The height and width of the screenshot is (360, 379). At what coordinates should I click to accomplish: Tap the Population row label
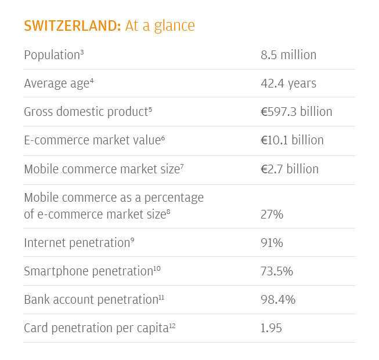pyautogui.click(x=51, y=55)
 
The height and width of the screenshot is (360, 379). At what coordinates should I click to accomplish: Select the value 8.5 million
pyautogui.click(x=288, y=55)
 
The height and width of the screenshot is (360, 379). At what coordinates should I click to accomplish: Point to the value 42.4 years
pyautogui.click(x=288, y=83)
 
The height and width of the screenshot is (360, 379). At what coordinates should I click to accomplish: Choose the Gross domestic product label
pyautogui.click(x=86, y=112)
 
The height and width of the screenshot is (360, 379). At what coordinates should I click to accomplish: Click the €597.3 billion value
pyautogui.click(x=296, y=112)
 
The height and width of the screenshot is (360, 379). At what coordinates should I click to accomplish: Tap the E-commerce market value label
pyautogui.click(x=92, y=140)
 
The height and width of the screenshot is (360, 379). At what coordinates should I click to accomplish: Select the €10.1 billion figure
pyautogui.click(x=292, y=140)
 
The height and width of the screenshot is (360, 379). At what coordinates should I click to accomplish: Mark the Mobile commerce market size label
pyautogui.click(x=101, y=169)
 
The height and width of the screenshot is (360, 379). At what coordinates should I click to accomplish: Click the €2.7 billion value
pyautogui.click(x=290, y=169)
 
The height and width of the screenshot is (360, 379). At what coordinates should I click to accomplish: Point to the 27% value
pyautogui.click(x=272, y=214)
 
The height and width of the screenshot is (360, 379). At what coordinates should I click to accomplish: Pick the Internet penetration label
pyautogui.click(x=77, y=243)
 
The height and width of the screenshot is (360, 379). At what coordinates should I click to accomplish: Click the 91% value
pyautogui.click(x=272, y=243)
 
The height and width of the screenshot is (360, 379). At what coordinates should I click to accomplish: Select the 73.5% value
pyautogui.click(x=277, y=271)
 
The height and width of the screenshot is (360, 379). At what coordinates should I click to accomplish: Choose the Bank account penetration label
pyautogui.click(x=91, y=300)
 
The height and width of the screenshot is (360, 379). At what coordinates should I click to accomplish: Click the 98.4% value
pyautogui.click(x=278, y=300)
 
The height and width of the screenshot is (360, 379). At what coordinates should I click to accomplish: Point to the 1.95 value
pyautogui.click(x=271, y=328)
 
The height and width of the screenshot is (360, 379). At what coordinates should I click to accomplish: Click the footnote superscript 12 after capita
pyautogui.click(x=172, y=326)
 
